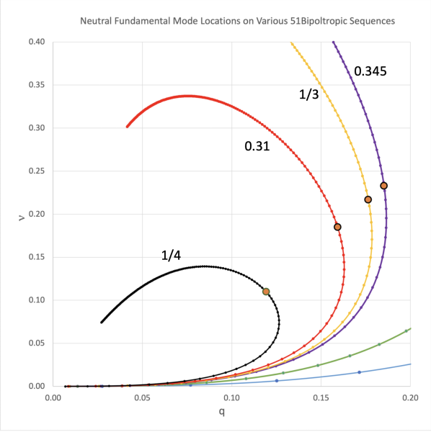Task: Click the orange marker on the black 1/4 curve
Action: click(266, 292)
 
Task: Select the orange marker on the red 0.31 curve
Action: click(337, 227)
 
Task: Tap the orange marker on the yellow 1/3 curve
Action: click(368, 199)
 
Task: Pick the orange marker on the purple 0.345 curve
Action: click(384, 186)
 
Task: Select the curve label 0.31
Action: click(257, 146)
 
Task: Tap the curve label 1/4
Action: click(172, 255)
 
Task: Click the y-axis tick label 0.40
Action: click(36, 42)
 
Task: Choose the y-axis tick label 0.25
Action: click(36, 171)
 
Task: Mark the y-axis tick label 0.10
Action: click(36, 300)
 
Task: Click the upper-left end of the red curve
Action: click(127, 127)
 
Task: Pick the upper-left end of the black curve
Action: click(101, 323)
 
